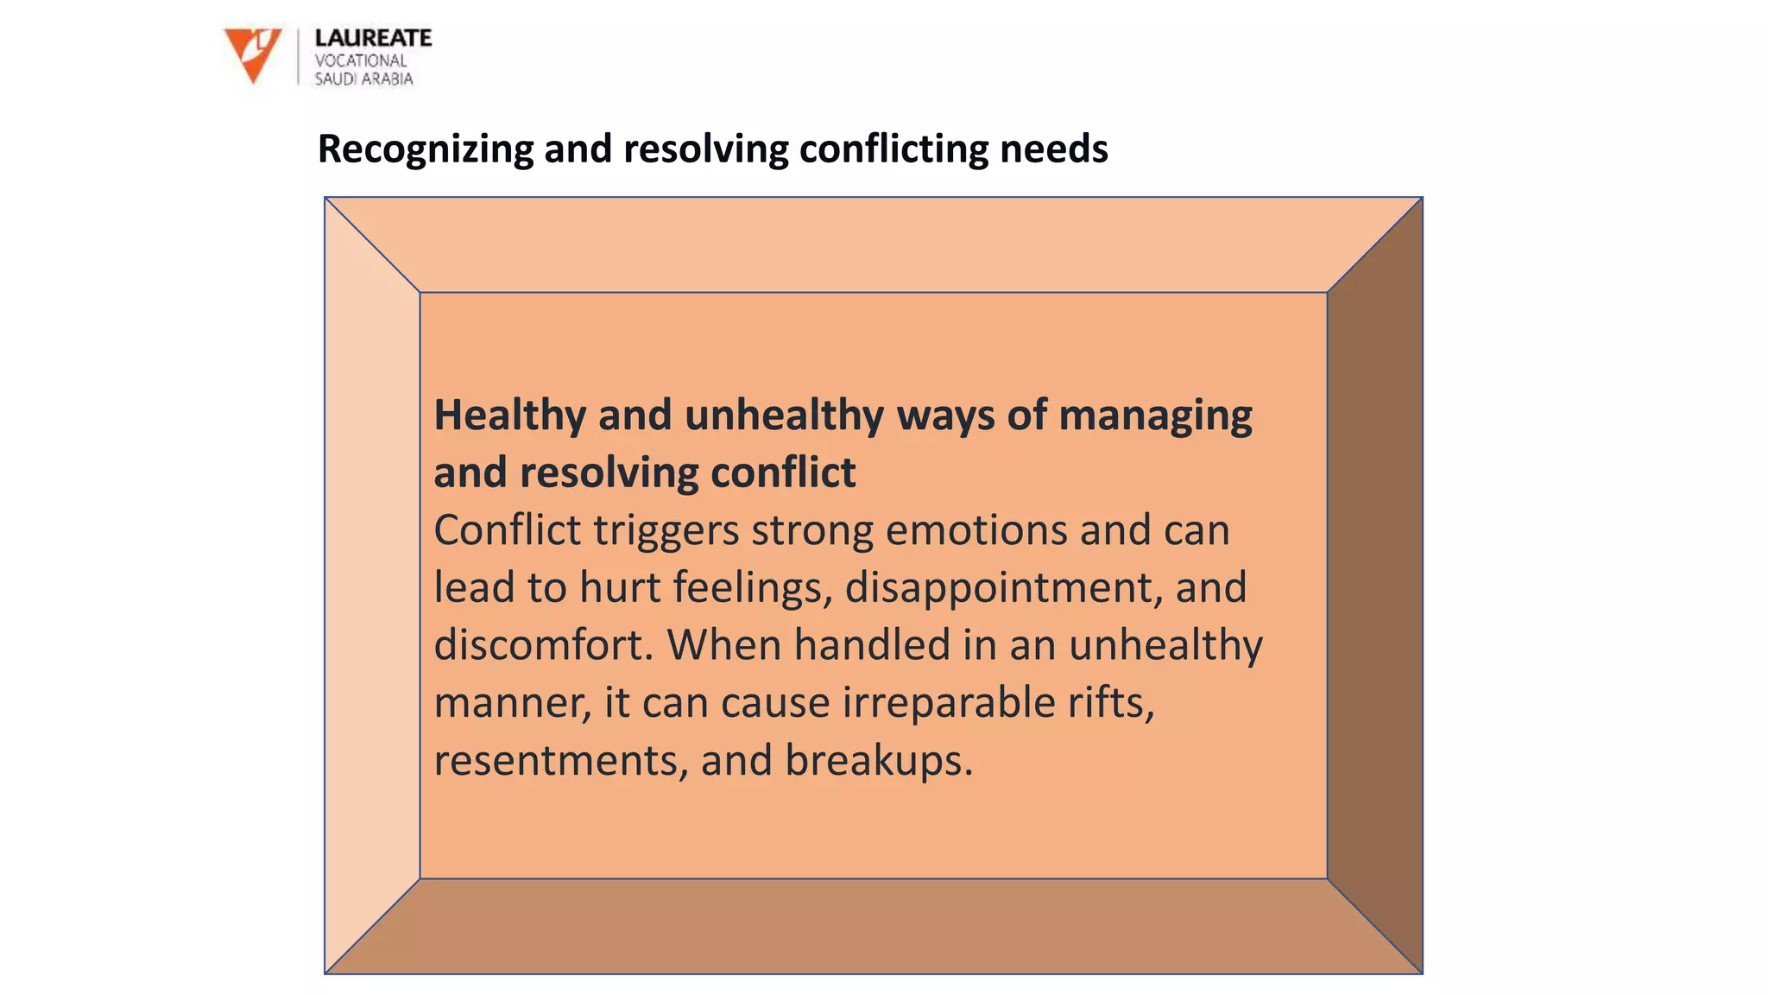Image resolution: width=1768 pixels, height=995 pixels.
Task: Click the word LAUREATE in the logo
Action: click(373, 38)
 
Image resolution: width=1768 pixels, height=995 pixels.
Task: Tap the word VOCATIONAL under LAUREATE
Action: click(360, 60)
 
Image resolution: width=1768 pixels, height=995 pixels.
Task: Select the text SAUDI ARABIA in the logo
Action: click(363, 79)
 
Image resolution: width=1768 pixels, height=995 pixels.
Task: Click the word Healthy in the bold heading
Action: click(509, 415)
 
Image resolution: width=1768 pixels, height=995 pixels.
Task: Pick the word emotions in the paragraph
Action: click(976, 529)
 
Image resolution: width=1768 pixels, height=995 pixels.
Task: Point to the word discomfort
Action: click(543, 645)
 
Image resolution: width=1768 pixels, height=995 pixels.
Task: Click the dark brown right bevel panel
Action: click(1374, 587)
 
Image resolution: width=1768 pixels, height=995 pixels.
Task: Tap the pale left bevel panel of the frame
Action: click(372, 587)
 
